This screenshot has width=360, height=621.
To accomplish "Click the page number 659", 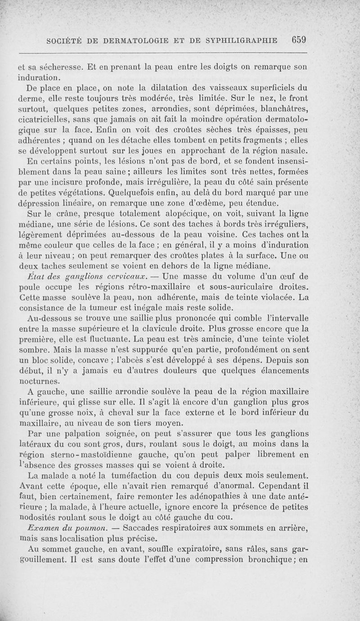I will pyautogui.click(x=298, y=40).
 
